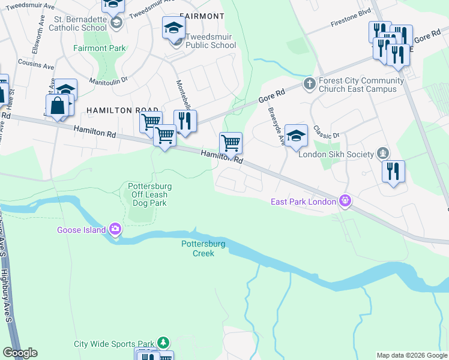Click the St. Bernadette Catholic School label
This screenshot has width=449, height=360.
[78, 23]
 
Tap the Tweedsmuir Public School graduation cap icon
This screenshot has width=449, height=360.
[174, 28]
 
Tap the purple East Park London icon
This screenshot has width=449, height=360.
[345, 200]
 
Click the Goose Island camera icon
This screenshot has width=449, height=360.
[115, 229]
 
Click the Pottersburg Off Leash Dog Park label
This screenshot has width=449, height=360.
[148, 194]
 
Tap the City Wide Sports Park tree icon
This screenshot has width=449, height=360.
[163, 343]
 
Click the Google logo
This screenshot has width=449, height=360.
[19, 353]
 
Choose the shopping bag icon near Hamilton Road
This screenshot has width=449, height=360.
[58, 106]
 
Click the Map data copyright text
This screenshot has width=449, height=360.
[412, 355]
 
